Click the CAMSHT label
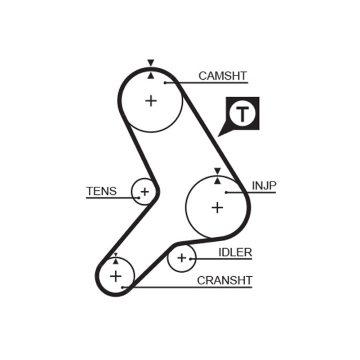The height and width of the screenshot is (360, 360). tap(223, 76)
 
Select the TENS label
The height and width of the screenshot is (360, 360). tap(101, 191)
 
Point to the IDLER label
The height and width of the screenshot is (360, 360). tap(235, 252)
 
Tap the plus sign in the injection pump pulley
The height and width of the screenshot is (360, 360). tap(217, 207)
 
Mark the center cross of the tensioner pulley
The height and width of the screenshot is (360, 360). tap(144, 192)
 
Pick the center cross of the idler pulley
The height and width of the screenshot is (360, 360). tap(181, 258)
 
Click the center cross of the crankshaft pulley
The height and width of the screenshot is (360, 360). tap(116, 275)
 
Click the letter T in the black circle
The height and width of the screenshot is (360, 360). tap(242, 114)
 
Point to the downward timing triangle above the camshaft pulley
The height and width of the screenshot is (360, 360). tap(151, 63)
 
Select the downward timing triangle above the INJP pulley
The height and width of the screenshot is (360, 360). tap(217, 171)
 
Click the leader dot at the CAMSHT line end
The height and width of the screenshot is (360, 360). tap(165, 82)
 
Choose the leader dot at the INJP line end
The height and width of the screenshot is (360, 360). tap(227, 192)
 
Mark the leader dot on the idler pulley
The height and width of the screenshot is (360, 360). tap(191, 259)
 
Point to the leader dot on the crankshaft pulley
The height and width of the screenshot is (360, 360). tap(122, 287)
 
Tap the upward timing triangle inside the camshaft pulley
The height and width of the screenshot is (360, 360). tap(151, 75)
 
